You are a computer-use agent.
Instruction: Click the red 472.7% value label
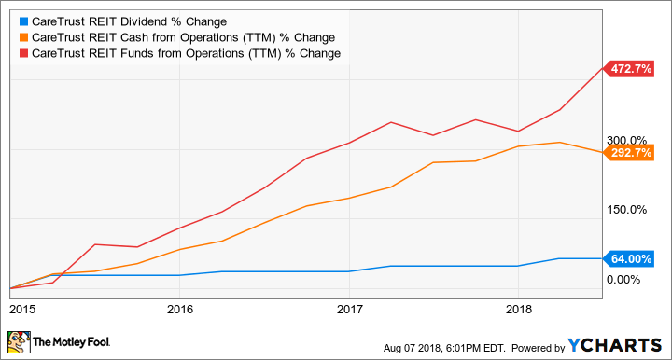[x=631, y=69]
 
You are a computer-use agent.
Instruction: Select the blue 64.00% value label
[x=631, y=258]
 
